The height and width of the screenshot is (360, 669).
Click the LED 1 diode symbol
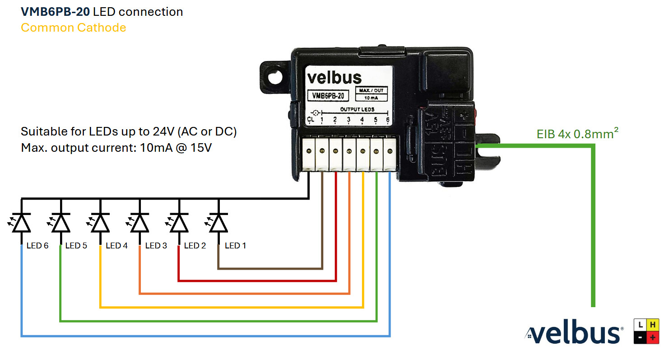tap(218, 223)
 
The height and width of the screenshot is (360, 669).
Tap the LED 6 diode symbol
tap(21, 223)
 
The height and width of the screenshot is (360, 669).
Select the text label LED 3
tap(156, 246)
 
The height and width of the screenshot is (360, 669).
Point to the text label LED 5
tap(76, 246)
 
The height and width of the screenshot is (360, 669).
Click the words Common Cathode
tap(73, 28)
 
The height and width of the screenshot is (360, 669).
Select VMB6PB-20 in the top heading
tap(55, 12)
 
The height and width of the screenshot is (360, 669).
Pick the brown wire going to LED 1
tap(271, 269)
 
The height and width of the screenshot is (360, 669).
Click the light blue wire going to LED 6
tap(203, 336)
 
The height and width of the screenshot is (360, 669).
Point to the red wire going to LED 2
tap(257, 281)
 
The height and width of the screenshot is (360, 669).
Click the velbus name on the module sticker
tap(334, 78)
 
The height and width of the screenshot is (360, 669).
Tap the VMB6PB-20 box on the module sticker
tap(328, 96)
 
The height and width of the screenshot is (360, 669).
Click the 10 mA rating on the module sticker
tap(372, 98)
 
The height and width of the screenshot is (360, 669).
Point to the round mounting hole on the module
tap(274, 78)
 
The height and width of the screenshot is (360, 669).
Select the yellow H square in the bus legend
tap(652, 324)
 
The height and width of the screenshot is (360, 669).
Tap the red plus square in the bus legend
tap(652, 337)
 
